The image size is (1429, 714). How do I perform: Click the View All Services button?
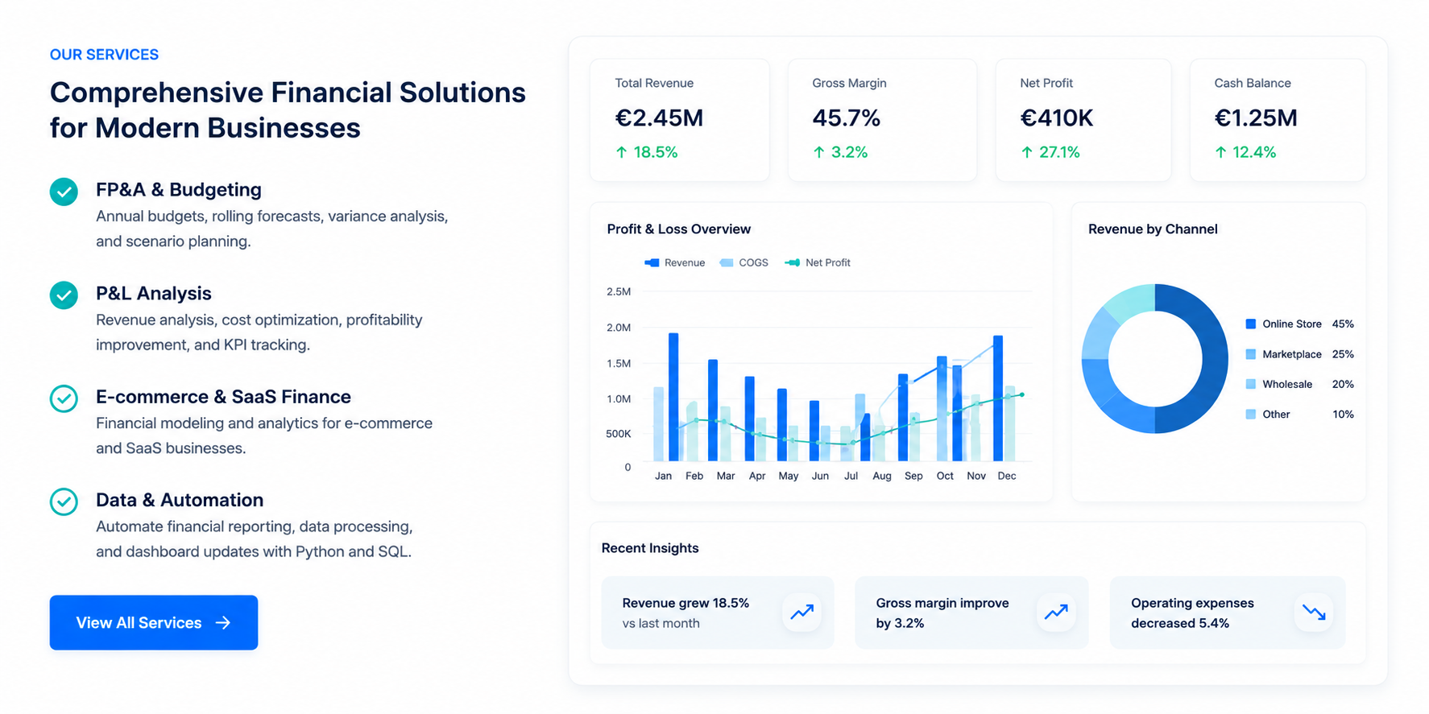(154, 622)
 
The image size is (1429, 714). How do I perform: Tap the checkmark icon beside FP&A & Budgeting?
(64, 192)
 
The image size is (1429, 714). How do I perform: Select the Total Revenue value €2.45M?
(659, 118)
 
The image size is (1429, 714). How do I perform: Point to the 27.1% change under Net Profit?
(1050, 152)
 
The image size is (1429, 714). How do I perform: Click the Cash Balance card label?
(1253, 83)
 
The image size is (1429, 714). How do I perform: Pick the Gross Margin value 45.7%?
(846, 118)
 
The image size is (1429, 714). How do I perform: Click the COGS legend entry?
(744, 262)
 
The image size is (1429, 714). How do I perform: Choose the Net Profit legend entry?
(818, 262)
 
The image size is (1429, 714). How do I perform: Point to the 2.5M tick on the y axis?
(619, 291)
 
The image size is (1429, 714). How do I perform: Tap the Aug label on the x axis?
(882, 476)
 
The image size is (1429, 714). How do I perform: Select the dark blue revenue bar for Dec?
(998, 398)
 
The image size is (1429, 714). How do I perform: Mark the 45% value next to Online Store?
(1343, 324)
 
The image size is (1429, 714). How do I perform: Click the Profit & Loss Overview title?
(679, 229)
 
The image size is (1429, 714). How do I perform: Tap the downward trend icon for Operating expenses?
(1314, 613)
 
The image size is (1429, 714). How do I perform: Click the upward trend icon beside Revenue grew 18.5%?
(801, 613)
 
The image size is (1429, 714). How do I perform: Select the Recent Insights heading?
(650, 548)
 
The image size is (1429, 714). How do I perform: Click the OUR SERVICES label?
(104, 55)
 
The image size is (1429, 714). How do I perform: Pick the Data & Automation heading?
(180, 500)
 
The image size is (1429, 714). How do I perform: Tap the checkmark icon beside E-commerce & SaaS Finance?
(64, 398)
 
